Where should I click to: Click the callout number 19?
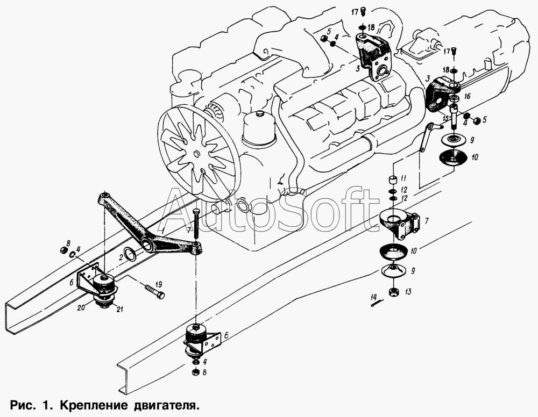(158, 284)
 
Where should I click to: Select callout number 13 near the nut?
(408, 292)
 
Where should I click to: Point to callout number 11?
(403, 178)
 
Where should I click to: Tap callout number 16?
(467, 97)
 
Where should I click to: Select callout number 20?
(81, 308)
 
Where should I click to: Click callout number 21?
(120, 310)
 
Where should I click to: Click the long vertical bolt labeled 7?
(196, 225)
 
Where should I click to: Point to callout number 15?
(445, 119)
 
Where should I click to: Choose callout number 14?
(374, 296)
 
